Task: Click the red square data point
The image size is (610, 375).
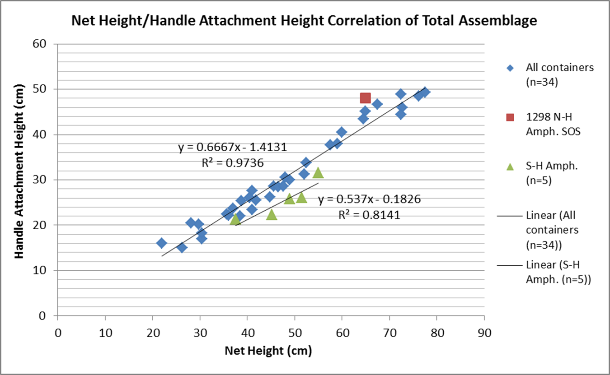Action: coord(365,98)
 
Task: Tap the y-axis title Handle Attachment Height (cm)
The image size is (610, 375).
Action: coord(19,180)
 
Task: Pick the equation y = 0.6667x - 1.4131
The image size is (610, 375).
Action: coord(232,147)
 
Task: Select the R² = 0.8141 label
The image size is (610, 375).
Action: coord(369,214)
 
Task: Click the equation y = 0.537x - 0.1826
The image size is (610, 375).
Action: coord(369,199)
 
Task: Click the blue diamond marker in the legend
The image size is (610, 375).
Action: coord(510,68)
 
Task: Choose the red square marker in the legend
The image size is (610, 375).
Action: coord(510,117)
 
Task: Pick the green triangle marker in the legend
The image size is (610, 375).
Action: coord(510,167)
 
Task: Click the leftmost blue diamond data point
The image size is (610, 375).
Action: coord(161,243)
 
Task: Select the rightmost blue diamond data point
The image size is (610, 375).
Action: coord(425,93)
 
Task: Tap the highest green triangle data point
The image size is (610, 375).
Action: coord(318,172)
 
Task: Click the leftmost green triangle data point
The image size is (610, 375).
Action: coord(235,219)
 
